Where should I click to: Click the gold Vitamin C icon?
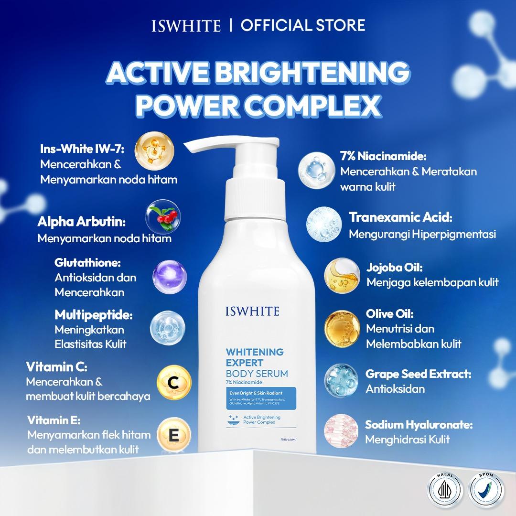174,381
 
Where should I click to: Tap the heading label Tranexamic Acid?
401,218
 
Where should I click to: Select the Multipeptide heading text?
94,315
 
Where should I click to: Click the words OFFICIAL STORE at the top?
303,25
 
